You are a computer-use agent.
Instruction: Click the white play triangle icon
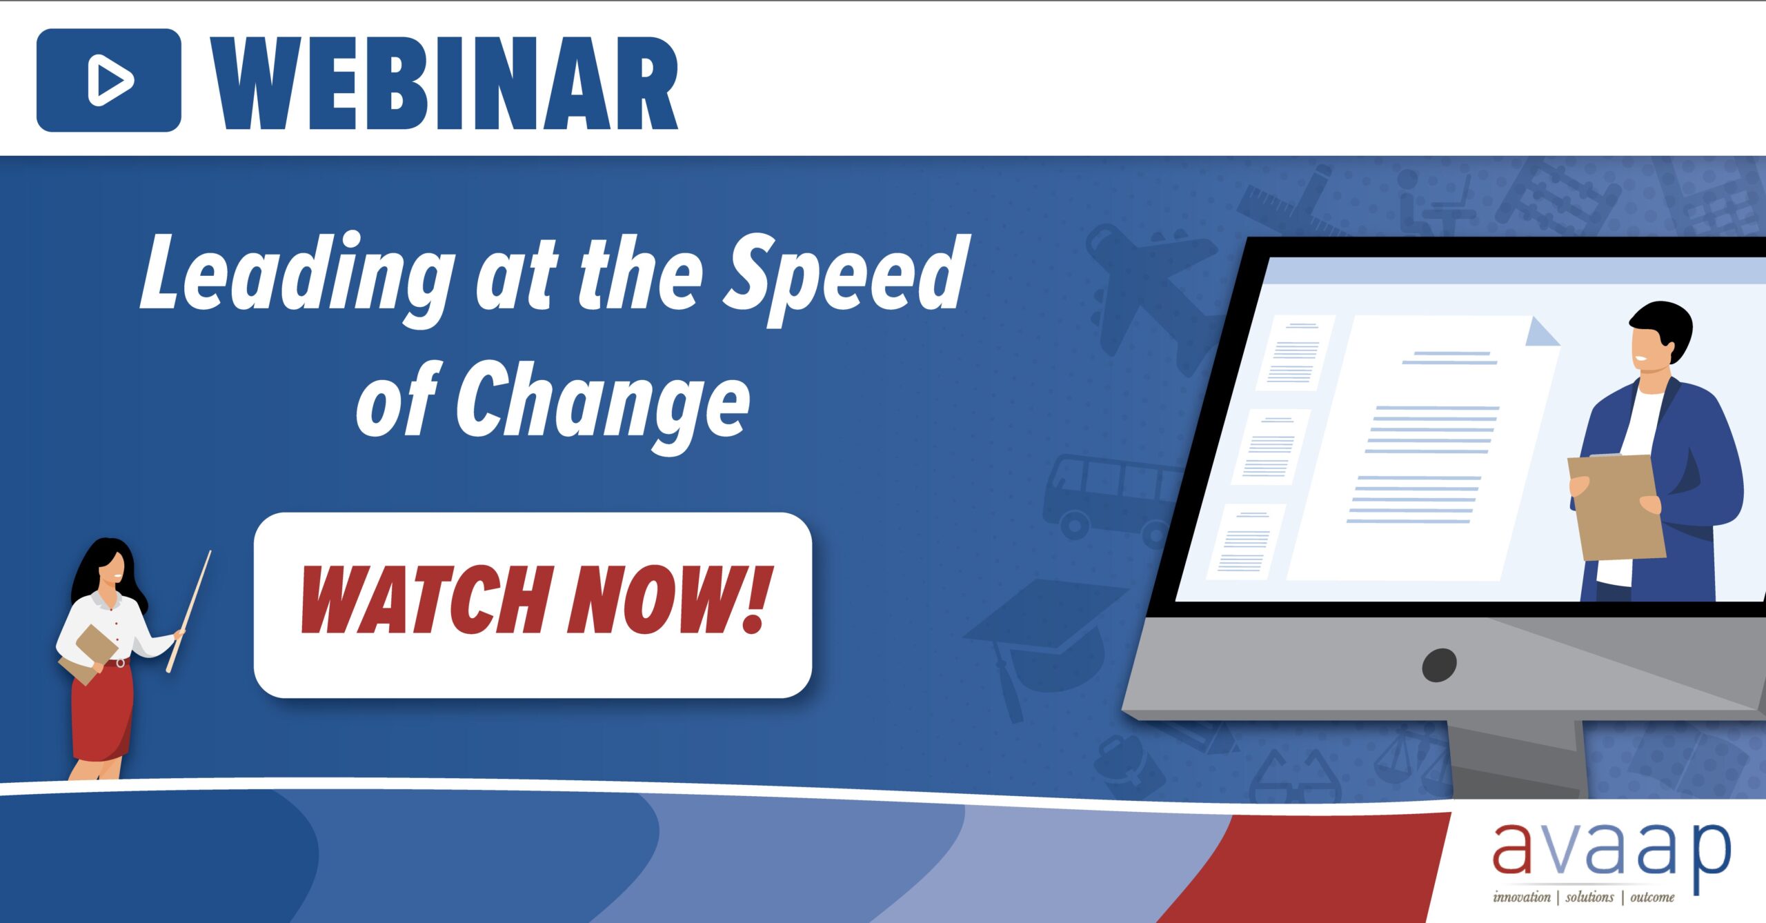coord(110,81)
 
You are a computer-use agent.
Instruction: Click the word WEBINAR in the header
coord(445,83)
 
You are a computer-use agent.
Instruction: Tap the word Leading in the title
coord(297,276)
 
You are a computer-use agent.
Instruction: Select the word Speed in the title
coord(845,276)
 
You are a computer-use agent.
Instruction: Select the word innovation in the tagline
coord(1521,897)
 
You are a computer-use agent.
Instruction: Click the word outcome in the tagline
coord(1652,897)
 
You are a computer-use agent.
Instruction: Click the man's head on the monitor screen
coord(1659,338)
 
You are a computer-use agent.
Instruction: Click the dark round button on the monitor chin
coord(1440,665)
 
